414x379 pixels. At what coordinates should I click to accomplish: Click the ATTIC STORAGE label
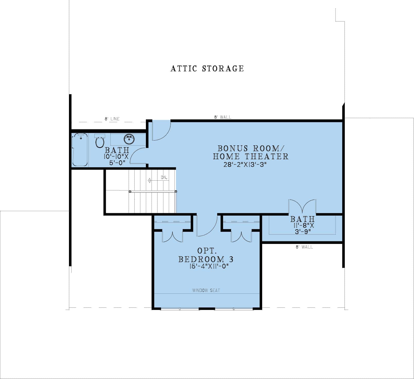(207, 68)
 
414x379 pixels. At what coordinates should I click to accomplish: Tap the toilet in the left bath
(100, 141)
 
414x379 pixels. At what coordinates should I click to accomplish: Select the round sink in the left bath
(129, 139)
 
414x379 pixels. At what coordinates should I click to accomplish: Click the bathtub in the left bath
(80, 149)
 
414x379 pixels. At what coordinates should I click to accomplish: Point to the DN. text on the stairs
(164, 178)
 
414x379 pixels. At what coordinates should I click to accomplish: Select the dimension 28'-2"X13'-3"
(244, 165)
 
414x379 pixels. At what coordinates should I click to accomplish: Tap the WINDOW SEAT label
(206, 290)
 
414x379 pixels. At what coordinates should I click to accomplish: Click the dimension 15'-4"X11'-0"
(209, 266)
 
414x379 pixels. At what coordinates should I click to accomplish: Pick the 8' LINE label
(112, 119)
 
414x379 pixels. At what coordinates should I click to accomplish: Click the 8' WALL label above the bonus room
(223, 117)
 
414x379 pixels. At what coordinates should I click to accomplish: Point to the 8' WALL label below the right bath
(304, 247)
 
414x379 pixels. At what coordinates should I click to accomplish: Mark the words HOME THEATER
(251, 156)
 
